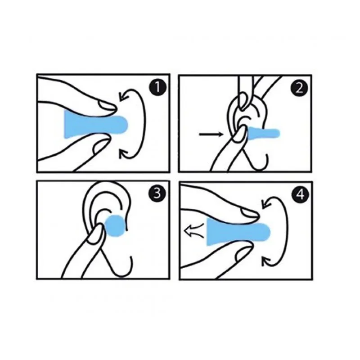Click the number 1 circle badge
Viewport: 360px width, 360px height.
coord(157,87)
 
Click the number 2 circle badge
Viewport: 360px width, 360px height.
coord(299,88)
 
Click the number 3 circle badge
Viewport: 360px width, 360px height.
coord(157,194)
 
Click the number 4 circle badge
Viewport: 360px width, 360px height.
coord(300,195)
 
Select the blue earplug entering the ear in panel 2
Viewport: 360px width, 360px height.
coord(263,133)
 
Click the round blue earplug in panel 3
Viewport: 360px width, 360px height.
coord(115,226)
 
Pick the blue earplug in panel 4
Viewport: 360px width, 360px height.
coord(239,231)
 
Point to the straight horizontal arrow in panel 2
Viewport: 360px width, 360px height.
coord(211,134)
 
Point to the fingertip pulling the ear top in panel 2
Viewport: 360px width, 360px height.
coord(243,100)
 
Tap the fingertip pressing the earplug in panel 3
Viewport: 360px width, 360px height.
coord(96,232)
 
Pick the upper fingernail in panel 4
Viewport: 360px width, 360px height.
coord(250,213)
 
